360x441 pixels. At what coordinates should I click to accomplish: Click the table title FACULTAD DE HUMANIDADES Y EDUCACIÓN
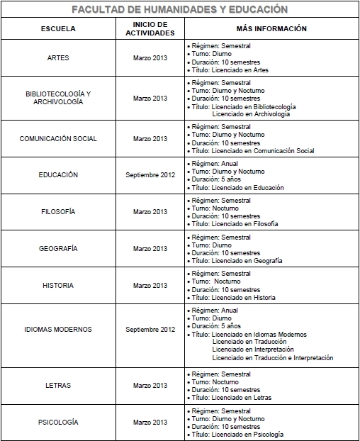[x=180, y=9]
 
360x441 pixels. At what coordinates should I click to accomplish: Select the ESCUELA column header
[x=59, y=29]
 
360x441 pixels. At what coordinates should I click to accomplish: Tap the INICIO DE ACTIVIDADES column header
[x=150, y=29]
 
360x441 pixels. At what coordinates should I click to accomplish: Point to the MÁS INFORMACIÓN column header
[x=271, y=29]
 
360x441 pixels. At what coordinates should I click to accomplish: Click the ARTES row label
[x=59, y=57]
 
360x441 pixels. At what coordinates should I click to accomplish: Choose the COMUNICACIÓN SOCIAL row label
[x=59, y=138]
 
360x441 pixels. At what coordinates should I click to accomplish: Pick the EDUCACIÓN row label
[x=59, y=174]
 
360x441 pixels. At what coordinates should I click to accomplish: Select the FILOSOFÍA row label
[x=59, y=211]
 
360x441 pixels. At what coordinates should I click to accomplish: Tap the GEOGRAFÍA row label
[x=59, y=248]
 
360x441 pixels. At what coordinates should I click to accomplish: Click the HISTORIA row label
[x=59, y=285]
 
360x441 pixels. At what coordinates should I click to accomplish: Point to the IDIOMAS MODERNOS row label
[x=59, y=330]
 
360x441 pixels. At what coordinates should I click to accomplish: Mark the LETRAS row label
[x=59, y=385]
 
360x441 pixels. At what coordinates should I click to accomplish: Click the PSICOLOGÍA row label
[x=59, y=422]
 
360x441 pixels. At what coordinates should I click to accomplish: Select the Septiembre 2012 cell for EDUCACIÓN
[x=150, y=174]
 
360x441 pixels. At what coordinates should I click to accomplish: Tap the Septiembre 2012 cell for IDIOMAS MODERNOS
[x=150, y=330]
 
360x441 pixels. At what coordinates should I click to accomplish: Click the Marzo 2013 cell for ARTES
[x=150, y=57]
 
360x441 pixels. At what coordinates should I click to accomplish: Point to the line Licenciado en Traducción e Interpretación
[x=272, y=358]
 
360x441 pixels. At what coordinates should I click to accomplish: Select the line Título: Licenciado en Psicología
[x=237, y=435]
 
